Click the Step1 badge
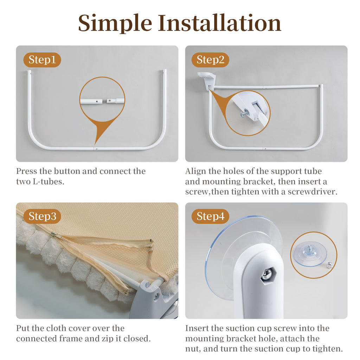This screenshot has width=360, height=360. tap(42, 60)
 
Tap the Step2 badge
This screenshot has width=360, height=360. tap(210, 60)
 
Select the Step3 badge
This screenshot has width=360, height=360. tap(42, 216)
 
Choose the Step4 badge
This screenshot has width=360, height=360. tap(210, 216)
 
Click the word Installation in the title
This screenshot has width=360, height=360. tap(219, 23)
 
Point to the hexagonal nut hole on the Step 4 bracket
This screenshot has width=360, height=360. tap(268, 275)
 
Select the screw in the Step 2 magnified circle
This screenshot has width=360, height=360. tap(245, 113)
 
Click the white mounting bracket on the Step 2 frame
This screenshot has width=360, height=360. tap(207, 79)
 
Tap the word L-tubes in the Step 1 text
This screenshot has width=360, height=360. tap(49, 181)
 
